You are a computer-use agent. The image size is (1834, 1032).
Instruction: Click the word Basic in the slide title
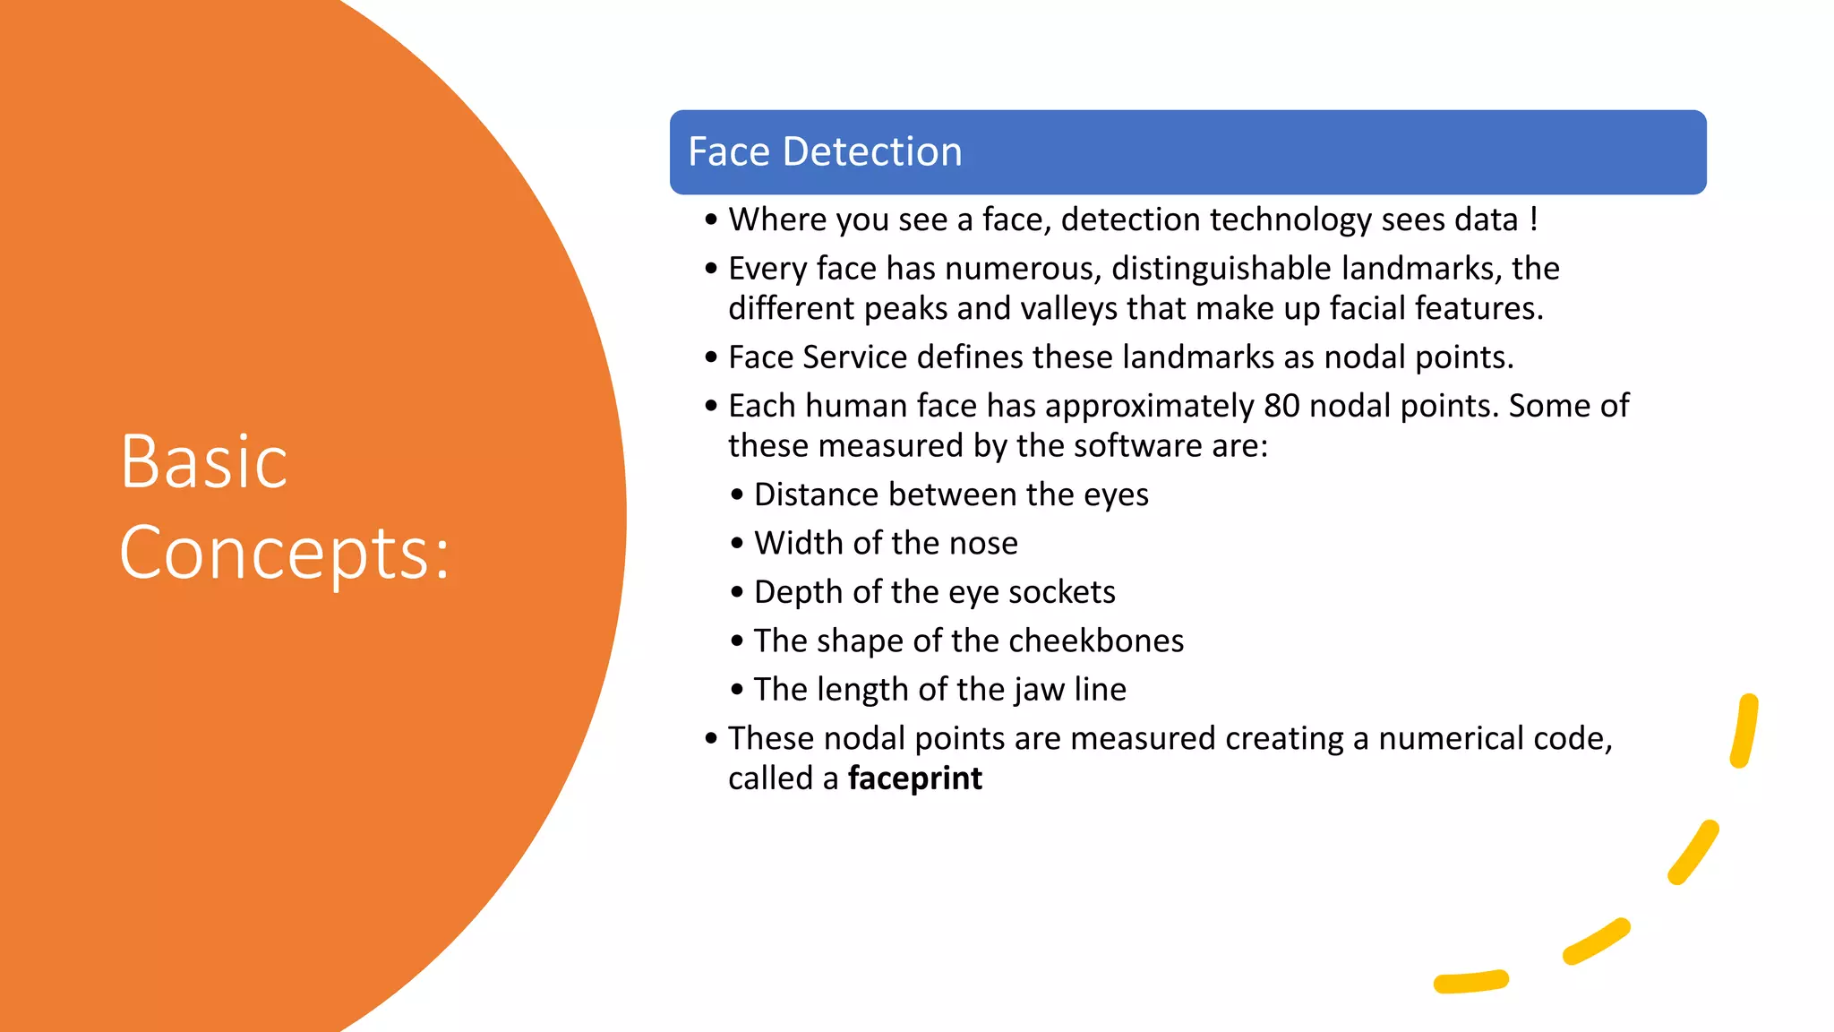click(204, 462)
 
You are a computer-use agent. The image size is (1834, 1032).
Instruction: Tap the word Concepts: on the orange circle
click(284, 554)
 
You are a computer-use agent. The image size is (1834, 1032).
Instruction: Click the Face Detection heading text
click(825, 152)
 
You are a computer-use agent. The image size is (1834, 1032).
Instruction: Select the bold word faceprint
click(914, 778)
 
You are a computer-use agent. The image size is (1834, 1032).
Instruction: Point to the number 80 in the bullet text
click(1281, 407)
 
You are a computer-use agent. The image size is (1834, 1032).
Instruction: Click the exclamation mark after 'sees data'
click(1533, 219)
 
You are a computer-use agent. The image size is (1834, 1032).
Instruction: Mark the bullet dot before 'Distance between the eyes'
click(737, 495)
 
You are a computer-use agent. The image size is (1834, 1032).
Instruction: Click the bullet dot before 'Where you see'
click(711, 220)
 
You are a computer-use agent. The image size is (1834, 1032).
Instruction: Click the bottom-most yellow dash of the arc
click(1470, 982)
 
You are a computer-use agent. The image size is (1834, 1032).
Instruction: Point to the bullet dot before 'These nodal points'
click(711, 739)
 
